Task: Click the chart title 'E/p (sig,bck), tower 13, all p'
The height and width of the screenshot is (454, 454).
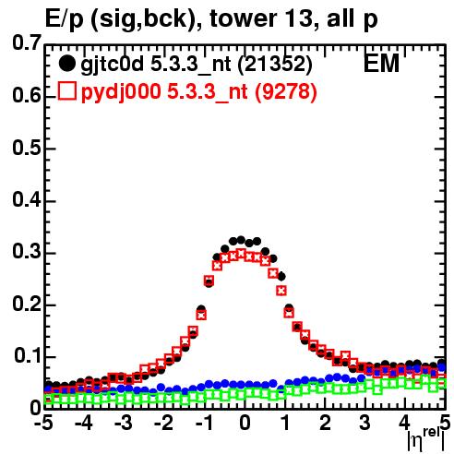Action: [x=211, y=19]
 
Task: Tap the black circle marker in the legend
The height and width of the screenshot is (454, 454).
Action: [x=66, y=64]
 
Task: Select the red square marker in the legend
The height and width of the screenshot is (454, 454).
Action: [x=66, y=91]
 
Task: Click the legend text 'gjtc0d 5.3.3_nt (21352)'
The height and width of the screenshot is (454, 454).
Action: [x=197, y=65]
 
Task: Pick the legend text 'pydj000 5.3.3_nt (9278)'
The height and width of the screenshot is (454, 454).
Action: [x=199, y=91]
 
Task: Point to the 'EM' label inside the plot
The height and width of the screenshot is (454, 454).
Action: [x=381, y=64]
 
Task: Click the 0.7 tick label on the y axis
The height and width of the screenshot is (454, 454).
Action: [x=27, y=42]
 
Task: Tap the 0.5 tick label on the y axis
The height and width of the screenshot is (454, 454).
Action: [x=27, y=148]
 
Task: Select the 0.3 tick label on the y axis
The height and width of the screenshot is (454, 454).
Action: [x=27, y=252]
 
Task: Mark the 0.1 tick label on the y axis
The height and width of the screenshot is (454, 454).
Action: [x=28, y=356]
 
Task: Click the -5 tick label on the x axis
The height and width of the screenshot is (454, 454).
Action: [x=43, y=423]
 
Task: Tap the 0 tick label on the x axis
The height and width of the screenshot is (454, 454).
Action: [x=245, y=423]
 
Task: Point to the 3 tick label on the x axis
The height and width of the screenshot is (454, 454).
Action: [x=364, y=423]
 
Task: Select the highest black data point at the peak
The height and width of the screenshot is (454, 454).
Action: [x=241, y=240]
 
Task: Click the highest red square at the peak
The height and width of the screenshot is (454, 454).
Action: [x=241, y=254]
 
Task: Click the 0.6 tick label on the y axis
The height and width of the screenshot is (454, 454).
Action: [x=27, y=95]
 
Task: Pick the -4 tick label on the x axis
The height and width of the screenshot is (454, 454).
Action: [x=84, y=423]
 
